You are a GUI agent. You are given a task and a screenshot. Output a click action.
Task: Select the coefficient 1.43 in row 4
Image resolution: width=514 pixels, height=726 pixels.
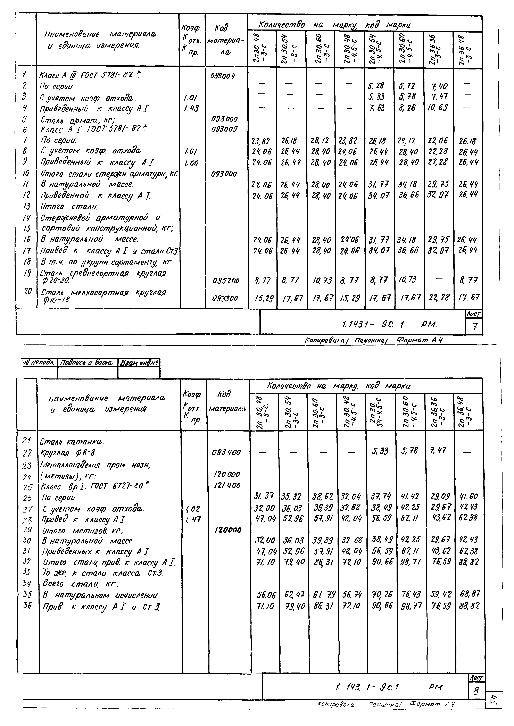(x=191, y=109)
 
